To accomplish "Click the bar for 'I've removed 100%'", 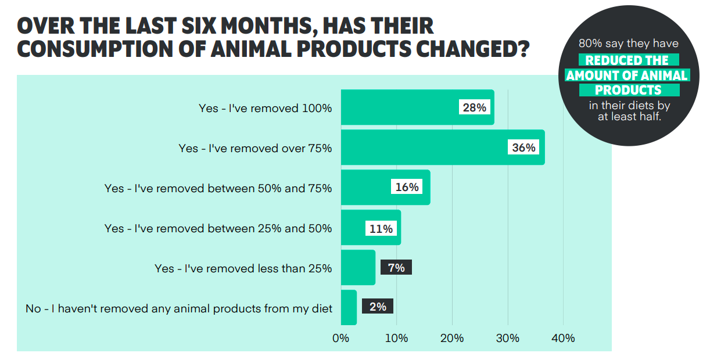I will pos(401,107).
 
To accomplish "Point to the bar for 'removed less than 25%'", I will pos(358,268).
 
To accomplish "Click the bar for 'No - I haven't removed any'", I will pos(349,308).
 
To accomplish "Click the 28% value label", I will pos(475,107).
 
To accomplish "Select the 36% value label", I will pos(523,147).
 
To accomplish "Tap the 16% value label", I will pos(407,188).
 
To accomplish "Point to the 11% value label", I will pos(381,228).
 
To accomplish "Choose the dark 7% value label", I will pos(396,268).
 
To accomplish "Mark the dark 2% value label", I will pos(378,307).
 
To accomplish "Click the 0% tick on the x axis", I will pos(340,338).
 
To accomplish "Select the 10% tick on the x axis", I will pos(396,338).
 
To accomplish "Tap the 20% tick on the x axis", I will pos(452,338).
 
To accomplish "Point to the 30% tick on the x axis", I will pos(508,338).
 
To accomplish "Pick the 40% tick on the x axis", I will pos(563,338).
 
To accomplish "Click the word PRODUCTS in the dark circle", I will pos(628,90).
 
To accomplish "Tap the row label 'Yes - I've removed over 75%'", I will pos(255,148).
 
